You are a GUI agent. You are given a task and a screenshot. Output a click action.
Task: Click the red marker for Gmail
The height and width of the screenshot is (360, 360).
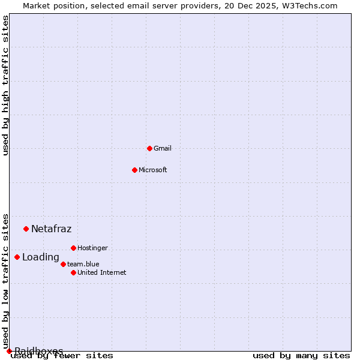[x=149, y=148]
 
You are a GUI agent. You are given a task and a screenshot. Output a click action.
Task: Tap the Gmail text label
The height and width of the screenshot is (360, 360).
[x=163, y=148]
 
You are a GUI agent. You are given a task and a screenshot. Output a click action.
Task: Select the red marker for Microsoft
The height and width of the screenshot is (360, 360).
[x=134, y=170]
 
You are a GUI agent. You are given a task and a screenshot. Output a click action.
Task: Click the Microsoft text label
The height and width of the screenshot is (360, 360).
[x=153, y=170]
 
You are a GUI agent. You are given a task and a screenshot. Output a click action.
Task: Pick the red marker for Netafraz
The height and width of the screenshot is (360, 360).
[x=26, y=229]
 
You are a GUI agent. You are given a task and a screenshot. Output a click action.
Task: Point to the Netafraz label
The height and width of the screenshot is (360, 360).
[x=52, y=229]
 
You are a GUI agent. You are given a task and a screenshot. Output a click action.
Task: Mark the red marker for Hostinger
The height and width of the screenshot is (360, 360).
[x=73, y=248]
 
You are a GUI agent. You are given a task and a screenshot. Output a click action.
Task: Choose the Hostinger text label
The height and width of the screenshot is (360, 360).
[x=92, y=248]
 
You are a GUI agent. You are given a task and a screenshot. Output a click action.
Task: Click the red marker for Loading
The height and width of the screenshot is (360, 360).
[x=17, y=257]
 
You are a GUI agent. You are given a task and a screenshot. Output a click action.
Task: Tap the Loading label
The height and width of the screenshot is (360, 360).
[x=41, y=257]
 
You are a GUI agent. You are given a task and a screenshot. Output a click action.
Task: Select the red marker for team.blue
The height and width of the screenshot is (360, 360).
[x=63, y=264]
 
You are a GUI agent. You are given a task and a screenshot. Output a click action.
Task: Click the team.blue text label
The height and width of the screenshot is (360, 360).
[x=83, y=264]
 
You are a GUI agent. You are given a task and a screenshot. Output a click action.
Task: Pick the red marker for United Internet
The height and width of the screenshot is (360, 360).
[x=73, y=272]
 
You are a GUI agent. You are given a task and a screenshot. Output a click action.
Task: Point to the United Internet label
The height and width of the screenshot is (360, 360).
[x=102, y=272]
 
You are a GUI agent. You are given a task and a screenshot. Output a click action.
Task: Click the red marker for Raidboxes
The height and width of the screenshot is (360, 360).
[x=9, y=351]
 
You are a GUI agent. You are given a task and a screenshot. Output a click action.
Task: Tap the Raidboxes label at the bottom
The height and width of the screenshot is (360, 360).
[x=39, y=350]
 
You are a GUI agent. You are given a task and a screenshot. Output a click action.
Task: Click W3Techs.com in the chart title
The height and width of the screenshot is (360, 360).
[x=307, y=5]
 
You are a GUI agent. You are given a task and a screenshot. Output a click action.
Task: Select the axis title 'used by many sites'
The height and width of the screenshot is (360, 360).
[x=301, y=356]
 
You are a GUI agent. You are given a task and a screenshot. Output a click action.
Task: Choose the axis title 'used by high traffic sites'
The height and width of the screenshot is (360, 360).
[x=5, y=85]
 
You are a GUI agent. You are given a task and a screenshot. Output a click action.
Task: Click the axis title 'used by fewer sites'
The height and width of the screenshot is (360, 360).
[x=62, y=356]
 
